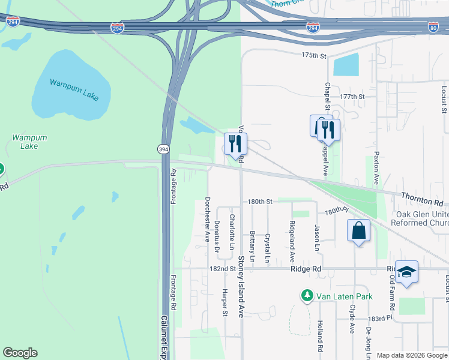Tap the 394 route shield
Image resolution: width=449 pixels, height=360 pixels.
point(163,149)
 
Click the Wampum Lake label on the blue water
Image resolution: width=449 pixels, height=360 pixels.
point(71,82)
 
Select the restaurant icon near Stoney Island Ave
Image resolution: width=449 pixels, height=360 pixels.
point(235,144)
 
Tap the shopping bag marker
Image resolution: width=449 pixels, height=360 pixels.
point(358,230)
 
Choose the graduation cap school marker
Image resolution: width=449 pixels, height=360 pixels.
point(406,272)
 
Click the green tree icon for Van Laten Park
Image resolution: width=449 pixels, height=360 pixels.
point(307,296)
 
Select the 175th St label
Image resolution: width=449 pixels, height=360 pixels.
point(313,55)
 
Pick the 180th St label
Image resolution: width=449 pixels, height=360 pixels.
point(259,202)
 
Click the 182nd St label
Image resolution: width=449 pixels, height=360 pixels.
point(223,269)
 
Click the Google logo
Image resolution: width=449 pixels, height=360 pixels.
point(20,353)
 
